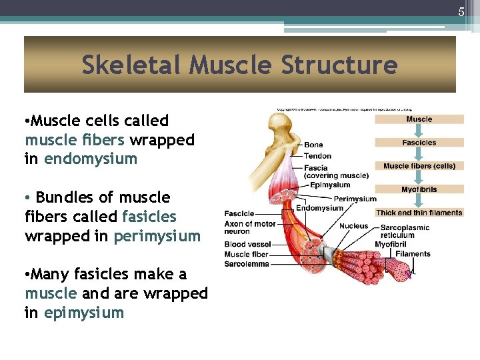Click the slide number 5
click(461, 12)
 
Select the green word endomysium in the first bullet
click(91, 159)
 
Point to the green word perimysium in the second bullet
click(157, 236)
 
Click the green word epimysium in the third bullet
click(84, 313)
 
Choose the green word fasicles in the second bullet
click(149, 217)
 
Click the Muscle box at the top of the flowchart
click(419, 119)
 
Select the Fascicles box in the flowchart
click(419, 143)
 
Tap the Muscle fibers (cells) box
click(419, 166)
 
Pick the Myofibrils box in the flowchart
click(419, 189)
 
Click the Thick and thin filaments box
click(419, 213)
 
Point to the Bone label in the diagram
click(313, 145)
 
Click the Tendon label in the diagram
click(317, 156)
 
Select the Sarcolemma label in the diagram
click(247, 264)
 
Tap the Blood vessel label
click(247, 245)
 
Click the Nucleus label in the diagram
click(353, 226)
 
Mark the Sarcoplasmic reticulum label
click(405, 231)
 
